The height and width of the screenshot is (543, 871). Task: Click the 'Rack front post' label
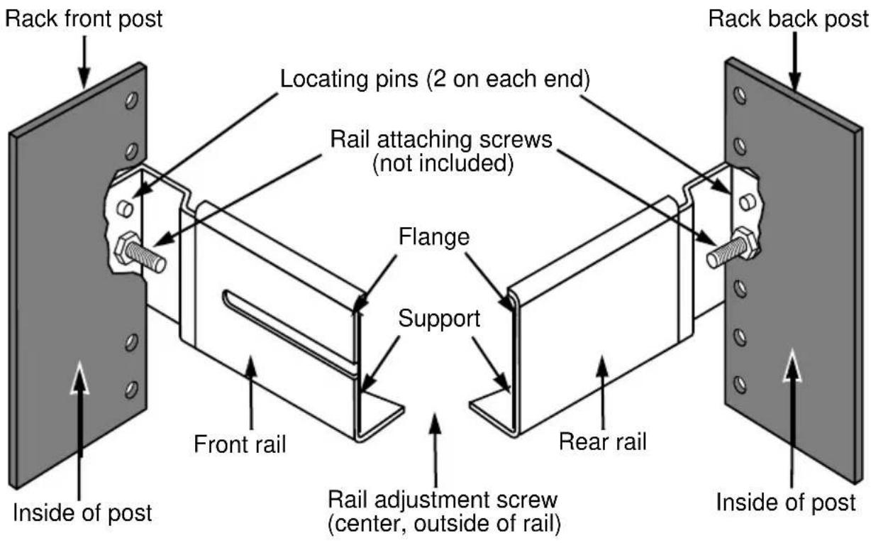point(84,19)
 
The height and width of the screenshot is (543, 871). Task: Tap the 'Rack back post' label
point(789,19)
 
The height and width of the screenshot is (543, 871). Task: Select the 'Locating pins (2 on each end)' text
point(435,79)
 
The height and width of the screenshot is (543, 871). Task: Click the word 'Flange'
point(434,236)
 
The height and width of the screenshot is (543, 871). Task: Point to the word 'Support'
point(439,319)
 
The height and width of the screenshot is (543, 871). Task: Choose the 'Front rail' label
point(240,444)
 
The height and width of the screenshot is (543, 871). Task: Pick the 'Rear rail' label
point(602,441)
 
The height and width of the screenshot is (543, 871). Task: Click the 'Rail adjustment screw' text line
point(443,500)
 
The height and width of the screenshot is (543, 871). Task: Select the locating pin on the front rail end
point(125,208)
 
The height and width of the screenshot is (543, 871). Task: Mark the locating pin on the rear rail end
point(748,202)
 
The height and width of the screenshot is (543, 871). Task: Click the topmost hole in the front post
point(131,100)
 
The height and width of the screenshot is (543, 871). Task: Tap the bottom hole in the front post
point(131,390)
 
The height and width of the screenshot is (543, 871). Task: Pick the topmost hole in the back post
point(740,96)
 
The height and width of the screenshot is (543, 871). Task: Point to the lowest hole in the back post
point(740,385)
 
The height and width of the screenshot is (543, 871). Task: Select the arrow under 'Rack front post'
point(84,62)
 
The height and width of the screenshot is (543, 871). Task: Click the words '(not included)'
point(443,163)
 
